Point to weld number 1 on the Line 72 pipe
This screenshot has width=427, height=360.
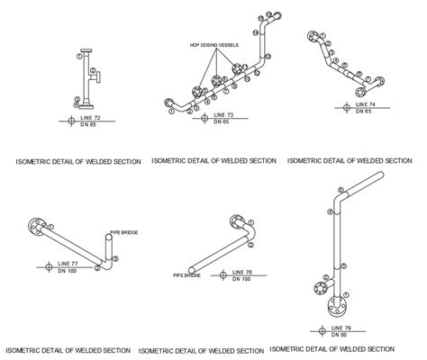pos(79,56)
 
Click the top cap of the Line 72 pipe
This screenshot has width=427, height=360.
pos(87,49)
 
